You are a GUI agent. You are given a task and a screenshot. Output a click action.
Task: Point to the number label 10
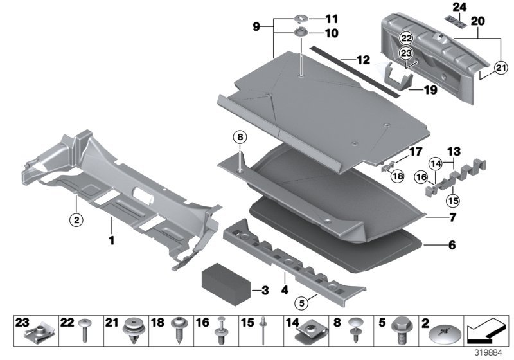pos(331,32)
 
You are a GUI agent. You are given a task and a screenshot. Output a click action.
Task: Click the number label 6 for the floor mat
pos(451,245)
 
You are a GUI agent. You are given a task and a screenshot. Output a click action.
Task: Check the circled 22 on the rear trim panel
pos(407,39)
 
